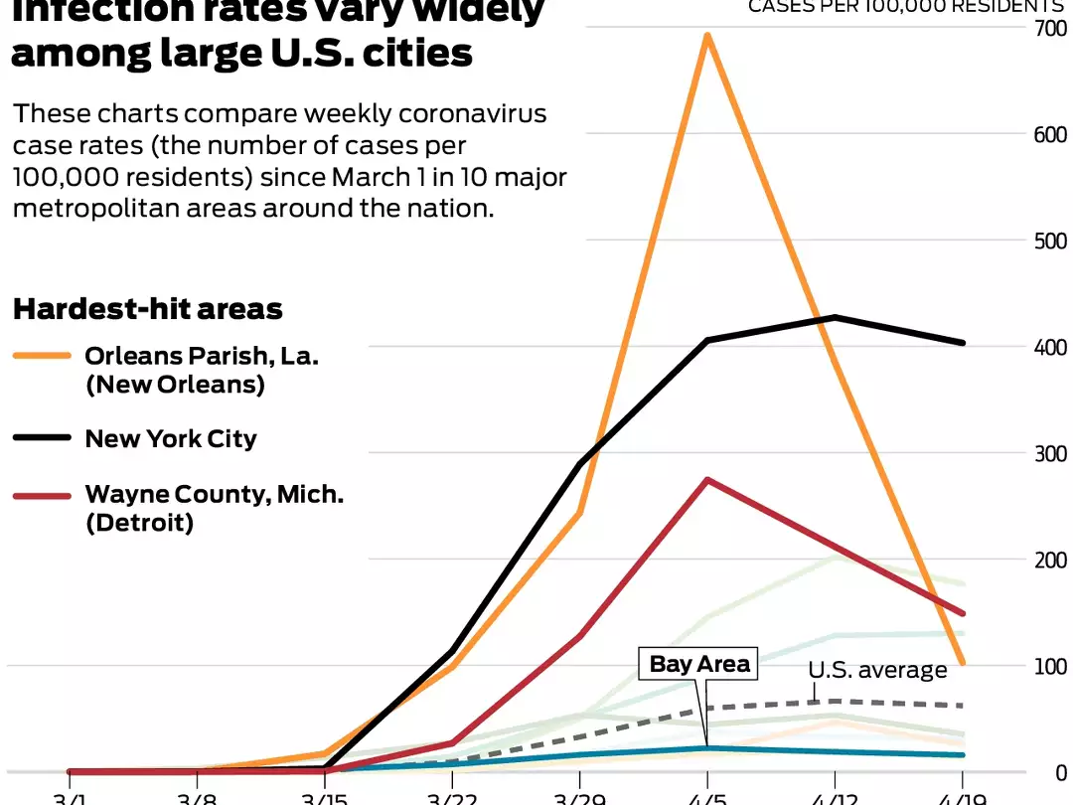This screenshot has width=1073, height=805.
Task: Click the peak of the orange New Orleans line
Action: pos(706,36)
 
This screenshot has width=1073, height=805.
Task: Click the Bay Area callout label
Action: pos(699,664)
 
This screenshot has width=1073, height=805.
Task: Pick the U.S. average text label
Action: pos(877,670)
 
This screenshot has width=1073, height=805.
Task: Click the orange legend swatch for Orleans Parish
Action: pos(42,356)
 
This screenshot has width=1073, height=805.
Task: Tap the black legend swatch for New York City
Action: pos(42,437)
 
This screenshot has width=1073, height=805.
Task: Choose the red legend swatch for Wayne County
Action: pos(42,494)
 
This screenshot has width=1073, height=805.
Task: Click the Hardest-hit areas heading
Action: pos(148,309)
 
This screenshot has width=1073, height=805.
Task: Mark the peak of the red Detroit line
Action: pos(706,480)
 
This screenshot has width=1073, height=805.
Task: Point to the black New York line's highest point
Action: pos(835,318)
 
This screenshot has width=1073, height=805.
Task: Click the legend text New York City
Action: pos(171,438)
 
